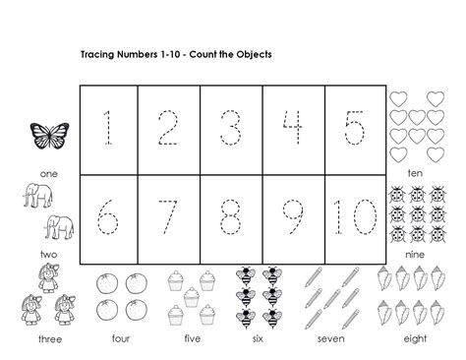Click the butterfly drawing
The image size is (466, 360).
coord(46,136)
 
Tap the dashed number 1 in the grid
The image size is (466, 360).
coord(108,129)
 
